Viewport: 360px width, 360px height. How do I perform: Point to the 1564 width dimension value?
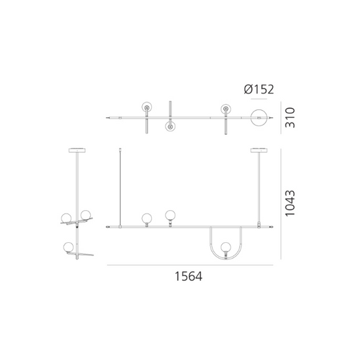pyautogui.click(x=188, y=277)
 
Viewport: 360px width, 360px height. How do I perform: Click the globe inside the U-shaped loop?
pyautogui.click(x=226, y=247)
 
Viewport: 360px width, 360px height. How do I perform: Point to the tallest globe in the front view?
pyautogui.click(x=171, y=214)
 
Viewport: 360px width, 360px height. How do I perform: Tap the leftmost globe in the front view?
pyautogui.click(x=147, y=218)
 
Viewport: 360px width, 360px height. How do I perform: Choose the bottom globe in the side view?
pyautogui.click(x=68, y=247)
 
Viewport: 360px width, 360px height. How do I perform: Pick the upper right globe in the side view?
pyautogui.click(x=85, y=215)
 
